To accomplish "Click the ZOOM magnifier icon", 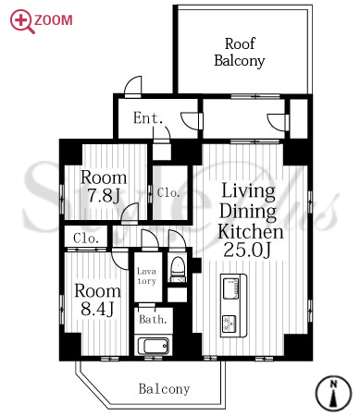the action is pos(21,21).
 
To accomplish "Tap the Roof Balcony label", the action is pos(240,53).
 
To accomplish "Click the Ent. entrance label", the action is pos(148,118).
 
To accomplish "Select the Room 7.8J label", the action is pos(104,186).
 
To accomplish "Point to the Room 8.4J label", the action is pos(97,300).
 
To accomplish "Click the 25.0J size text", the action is pos(247,250).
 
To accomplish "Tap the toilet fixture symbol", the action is pos(178,269).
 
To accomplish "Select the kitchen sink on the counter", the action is pos(230,288).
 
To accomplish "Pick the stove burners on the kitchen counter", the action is pos(230,324).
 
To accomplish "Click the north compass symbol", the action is pos(333,393).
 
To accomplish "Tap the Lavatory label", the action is pos(146,276).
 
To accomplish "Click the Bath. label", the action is pos(153,320).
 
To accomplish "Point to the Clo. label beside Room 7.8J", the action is pos(168,193).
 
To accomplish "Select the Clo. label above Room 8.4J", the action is pos(86,239).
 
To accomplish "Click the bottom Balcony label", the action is pos(164,389).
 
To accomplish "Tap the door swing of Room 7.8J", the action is pos(130,212).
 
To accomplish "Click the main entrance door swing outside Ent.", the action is pos(133,85).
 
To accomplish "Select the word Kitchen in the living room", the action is pos(250,231).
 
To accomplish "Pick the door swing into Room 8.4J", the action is pos(119,259).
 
